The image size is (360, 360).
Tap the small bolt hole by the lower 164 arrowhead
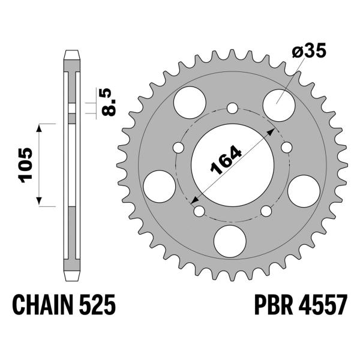pos(199,211)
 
